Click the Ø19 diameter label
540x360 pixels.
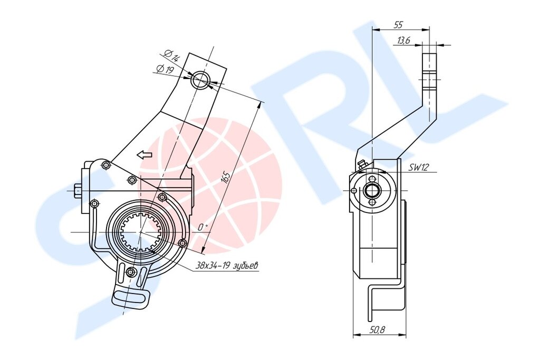pyautogui.click(x=165, y=70)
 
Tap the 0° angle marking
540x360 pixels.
pyautogui.click(x=203, y=228)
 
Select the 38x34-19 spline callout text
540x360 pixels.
pyautogui.click(x=227, y=266)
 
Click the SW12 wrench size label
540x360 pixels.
pyautogui.click(x=418, y=167)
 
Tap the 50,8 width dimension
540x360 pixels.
pyautogui.click(x=377, y=330)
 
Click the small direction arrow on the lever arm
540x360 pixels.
pyautogui.click(x=144, y=155)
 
